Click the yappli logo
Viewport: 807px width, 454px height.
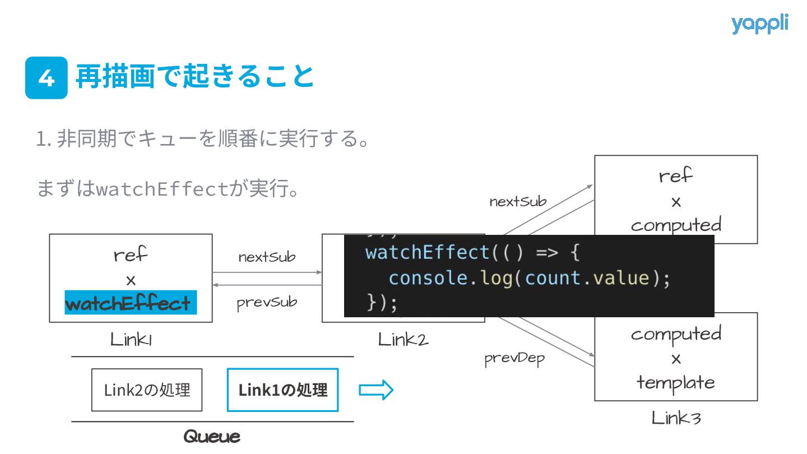tap(759, 24)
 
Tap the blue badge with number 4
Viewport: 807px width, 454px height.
tap(47, 78)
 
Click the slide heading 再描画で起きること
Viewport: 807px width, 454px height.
tap(195, 77)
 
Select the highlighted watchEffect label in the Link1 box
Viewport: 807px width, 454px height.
tap(130, 303)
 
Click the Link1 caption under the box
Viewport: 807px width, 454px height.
tap(131, 339)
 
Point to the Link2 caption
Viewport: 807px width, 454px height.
tap(403, 339)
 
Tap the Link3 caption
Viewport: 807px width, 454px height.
tap(676, 418)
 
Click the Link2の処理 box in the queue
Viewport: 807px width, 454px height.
tap(147, 390)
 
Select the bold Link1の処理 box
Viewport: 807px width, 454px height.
tap(283, 390)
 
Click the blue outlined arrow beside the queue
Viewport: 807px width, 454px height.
tap(376, 390)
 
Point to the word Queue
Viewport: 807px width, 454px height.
tap(212, 436)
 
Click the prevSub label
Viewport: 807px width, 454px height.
tap(267, 303)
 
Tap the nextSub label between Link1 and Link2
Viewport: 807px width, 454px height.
tap(267, 257)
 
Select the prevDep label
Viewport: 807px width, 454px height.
tap(514, 359)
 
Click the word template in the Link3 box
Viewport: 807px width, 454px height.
tap(676, 383)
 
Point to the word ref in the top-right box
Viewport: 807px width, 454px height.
tap(676, 176)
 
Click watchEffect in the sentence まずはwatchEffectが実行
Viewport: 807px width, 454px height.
tap(163, 189)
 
